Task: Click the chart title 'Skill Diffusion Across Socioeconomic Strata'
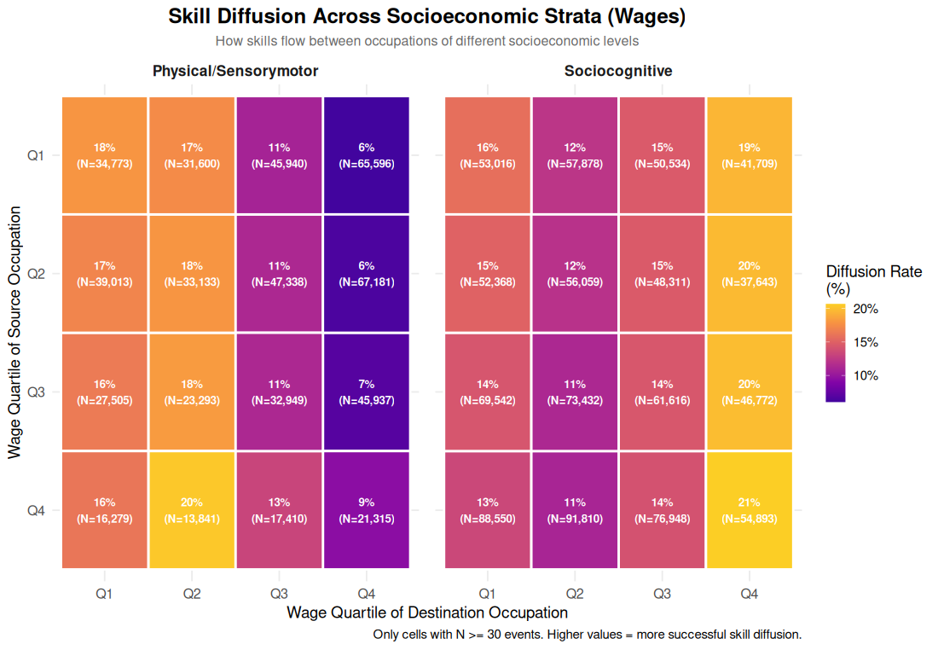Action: [x=426, y=16]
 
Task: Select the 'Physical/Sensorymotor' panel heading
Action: [x=235, y=72]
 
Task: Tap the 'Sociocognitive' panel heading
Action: [x=618, y=72]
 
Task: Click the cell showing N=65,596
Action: [x=366, y=155]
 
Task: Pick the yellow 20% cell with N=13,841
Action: [x=192, y=510]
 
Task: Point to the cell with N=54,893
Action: [x=748, y=510]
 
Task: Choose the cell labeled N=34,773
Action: [x=105, y=155]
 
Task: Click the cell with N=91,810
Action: [x=575, y=510]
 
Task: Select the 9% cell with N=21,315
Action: [x=366, y=510]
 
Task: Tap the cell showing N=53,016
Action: [x=487, y=155]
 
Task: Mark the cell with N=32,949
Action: [x=279, y=392]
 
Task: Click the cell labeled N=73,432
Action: [x=575, y=392]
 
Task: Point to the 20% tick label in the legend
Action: [x=866, y=310]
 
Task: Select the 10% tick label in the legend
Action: [x=866, y=376]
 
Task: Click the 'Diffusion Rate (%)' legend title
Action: [x=873, y=280]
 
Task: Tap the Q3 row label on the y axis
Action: [x=36, y=392]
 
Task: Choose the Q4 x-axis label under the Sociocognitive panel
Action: [x=748, y=593]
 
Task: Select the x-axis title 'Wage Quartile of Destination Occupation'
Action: [x=426, y=612]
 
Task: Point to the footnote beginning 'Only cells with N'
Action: [x=587, y=635]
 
